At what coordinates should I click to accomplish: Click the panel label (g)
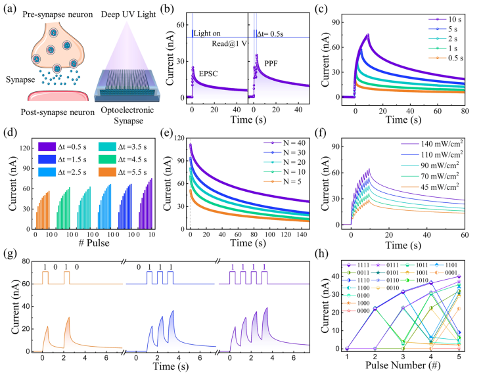click(x=11, y=254)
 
